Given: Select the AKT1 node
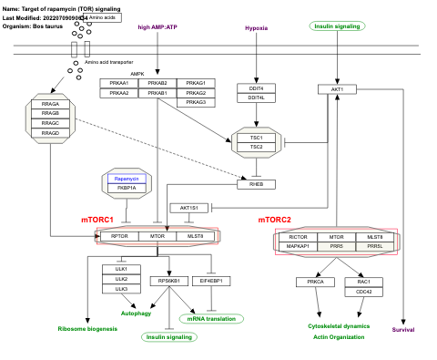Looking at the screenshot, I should (338, 89).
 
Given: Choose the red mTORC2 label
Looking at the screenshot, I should (274, 221).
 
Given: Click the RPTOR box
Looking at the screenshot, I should (119, 237).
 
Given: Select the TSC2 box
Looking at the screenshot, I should (256, 147).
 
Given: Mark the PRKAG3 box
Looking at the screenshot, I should (195, 102).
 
